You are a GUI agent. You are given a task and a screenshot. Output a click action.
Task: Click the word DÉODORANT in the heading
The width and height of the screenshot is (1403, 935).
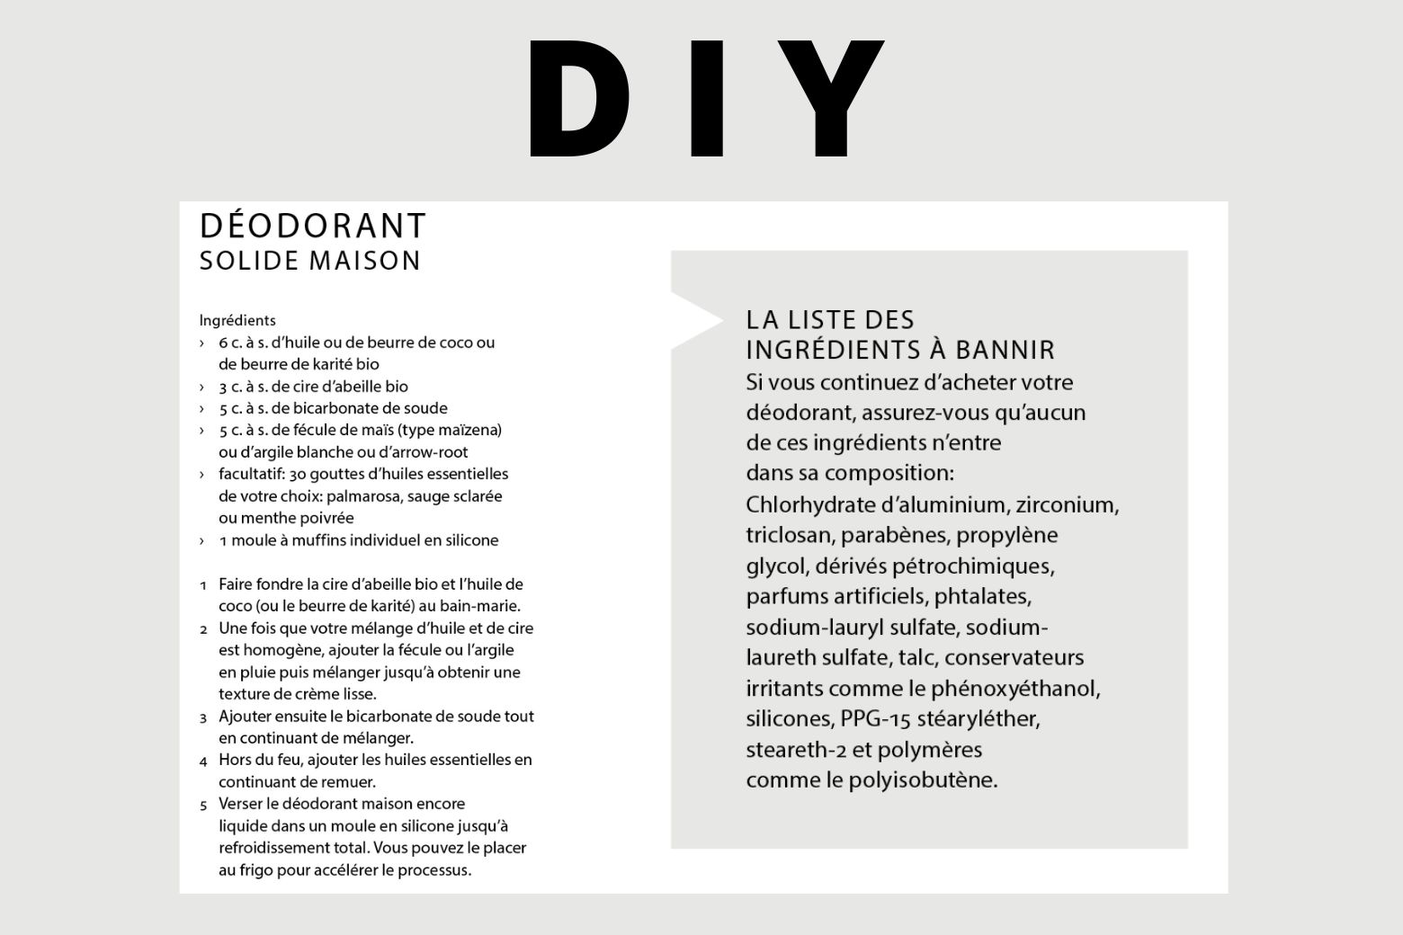313,227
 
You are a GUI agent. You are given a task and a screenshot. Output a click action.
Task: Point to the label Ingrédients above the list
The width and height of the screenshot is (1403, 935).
237,320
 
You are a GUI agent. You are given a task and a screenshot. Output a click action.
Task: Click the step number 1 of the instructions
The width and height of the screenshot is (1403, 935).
203,585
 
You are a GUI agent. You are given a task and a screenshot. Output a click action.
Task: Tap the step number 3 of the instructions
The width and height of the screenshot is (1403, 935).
203,717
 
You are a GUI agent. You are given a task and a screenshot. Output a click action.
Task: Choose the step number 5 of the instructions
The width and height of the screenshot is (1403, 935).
203,805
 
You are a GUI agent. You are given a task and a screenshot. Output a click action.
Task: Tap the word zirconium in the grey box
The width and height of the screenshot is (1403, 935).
1067,504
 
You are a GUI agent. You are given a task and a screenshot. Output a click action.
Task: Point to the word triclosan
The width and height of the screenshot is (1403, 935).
788,536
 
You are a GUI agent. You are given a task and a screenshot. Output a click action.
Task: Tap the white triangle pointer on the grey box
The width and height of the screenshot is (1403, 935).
693,320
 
